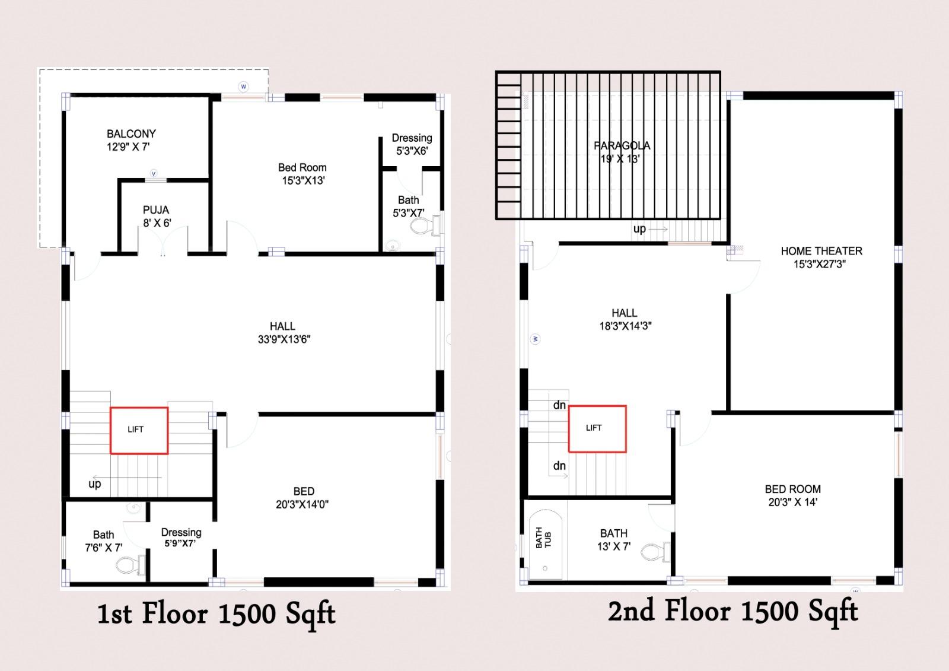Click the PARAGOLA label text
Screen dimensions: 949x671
tap(622, 145)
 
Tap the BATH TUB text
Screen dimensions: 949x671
tap(543, 538)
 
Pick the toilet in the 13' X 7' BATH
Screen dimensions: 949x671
tap(655, 552)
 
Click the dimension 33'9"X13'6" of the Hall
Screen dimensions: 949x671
tap(284, 339)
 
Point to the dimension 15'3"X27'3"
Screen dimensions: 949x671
tap(819, 264)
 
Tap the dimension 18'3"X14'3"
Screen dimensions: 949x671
tap(625, 326)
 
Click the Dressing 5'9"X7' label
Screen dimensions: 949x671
tap(181, 538)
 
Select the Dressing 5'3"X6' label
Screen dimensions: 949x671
tap(412, 144)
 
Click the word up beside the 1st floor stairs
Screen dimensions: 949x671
tap(94, 484)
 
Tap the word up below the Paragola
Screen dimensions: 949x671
tap(639, 229)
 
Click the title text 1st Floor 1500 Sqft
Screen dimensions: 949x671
tap(216, 615)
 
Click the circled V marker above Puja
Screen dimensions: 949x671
tap(154, 173)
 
